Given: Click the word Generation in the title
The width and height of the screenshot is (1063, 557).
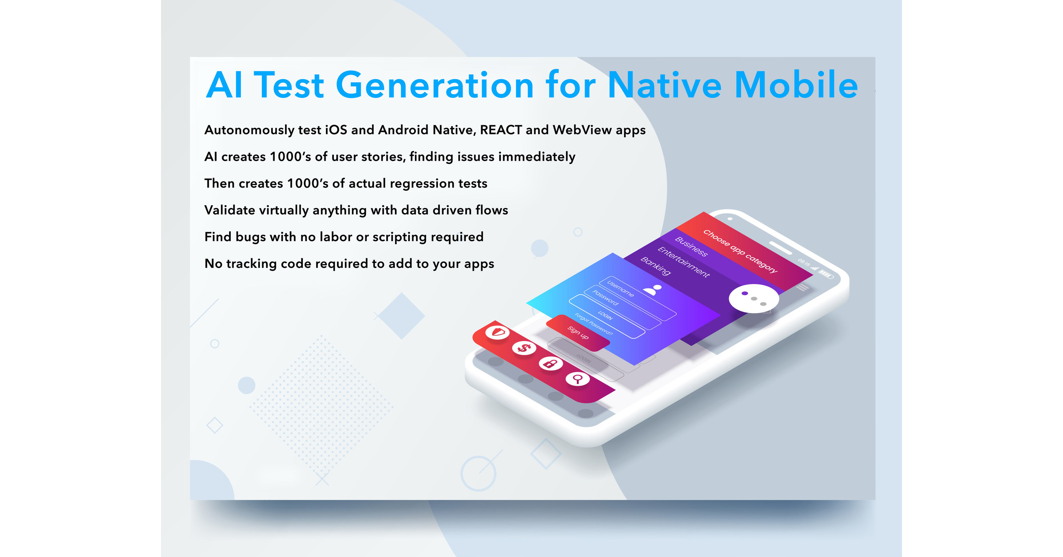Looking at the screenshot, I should click(435, 85).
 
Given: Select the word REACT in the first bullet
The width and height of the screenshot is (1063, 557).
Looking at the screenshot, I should click(500, 130).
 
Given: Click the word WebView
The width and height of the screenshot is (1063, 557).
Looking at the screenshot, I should click(582, 130).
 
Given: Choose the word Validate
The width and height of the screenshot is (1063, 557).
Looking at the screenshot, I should click(230, 210).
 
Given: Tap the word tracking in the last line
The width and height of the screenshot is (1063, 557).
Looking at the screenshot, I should click(251, 264).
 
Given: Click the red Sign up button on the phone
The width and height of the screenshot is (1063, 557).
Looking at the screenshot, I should click(578, 332).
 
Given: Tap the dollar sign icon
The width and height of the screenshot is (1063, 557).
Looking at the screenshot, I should click(524, 348).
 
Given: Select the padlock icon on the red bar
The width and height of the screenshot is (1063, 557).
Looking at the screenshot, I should click(550, 363).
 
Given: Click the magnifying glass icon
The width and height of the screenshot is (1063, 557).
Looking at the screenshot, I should click(577, 378).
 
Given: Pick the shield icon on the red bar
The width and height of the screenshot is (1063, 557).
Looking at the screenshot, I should click(497, 332).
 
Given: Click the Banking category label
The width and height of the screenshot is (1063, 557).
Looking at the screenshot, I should click(655, 266).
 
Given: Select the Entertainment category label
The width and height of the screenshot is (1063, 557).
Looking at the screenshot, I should click(683, 262).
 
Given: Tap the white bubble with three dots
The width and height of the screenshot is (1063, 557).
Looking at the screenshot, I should click(754, 298).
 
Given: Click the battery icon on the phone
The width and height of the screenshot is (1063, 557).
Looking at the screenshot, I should click(826, 274).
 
